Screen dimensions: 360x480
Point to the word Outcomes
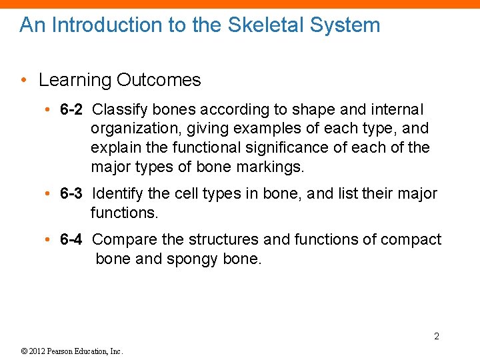(159, 80)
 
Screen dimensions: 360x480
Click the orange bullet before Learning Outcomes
(24, 81)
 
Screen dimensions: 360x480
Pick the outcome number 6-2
(71, 109)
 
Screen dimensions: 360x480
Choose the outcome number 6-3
(71, 194)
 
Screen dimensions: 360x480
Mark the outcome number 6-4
(71, 239)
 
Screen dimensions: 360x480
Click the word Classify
(118, 109)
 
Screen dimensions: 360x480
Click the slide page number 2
(437, 336)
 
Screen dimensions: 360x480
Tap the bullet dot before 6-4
(49, 240)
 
